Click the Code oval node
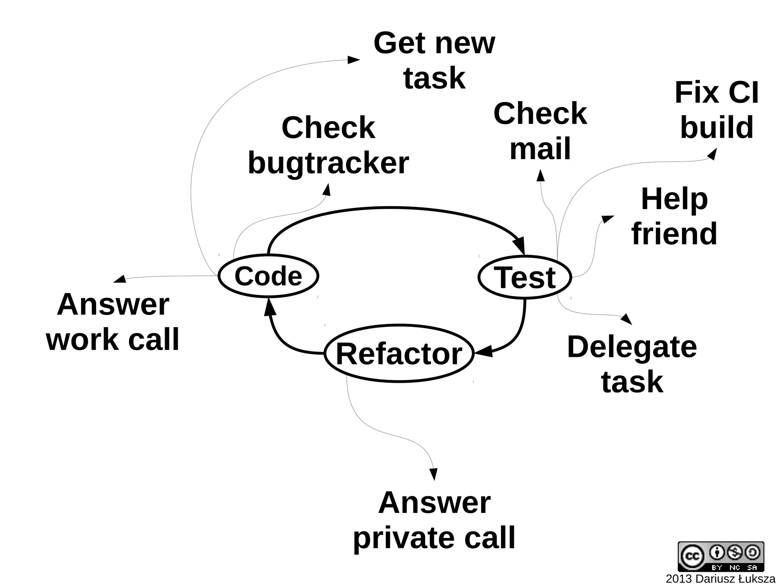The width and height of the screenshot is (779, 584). coord(268,276)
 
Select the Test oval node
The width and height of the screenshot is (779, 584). coord(525,277)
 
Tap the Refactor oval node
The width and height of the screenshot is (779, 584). coord(399,353)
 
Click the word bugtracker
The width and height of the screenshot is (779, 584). coord(328,163)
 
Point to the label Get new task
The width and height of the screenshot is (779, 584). coord(434,61)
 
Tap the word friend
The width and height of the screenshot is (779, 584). coord(674,234)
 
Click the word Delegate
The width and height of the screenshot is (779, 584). coord(632,347)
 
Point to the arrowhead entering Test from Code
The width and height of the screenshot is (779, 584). coord(520,245)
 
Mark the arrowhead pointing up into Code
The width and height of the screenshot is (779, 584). coord(269,307)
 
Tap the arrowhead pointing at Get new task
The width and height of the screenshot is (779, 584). coord(353,60)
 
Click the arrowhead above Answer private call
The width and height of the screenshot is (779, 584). coord(433,474)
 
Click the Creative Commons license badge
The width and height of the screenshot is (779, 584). coord(720,556)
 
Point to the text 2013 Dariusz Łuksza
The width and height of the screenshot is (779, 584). coord(720,579)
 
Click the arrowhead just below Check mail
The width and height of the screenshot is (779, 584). coord(540,175)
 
